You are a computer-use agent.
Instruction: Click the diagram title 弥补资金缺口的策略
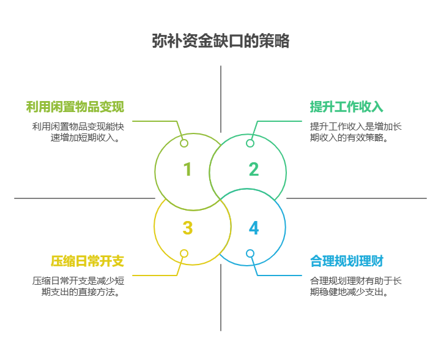pos(220,41)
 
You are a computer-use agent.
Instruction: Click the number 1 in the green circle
pos(187,169)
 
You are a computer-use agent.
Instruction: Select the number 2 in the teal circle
pos(253,169)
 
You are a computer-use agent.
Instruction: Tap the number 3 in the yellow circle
pos(187,228)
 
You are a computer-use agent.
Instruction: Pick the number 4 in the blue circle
pos(254,228)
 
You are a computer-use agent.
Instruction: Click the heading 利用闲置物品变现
pos(75,107)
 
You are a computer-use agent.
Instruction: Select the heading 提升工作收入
pos(346,107)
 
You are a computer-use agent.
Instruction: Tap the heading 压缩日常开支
pos(87,261)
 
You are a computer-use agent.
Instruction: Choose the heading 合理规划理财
pos(346,261)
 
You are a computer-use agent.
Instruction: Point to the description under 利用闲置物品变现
pos(78,132)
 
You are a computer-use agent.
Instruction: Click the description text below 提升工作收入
pos(355,132)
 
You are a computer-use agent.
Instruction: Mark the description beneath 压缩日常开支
pos(78,287)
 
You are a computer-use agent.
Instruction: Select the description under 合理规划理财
pos(355,287)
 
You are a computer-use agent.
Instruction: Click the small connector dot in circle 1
pos(184,143)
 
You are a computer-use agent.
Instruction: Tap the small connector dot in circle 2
pos(250,143)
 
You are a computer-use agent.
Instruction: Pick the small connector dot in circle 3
pos(184,253)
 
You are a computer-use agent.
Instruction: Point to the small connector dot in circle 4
pos(250,253)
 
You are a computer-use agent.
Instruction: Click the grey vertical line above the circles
pos(221,98)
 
